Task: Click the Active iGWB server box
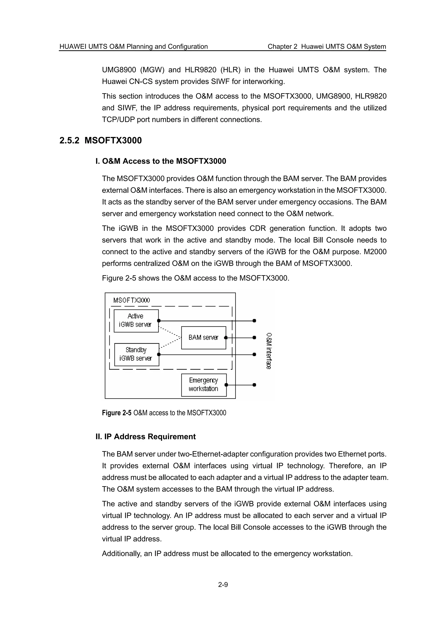(x=136, y=321)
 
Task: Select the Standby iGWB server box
(x=137, y=354)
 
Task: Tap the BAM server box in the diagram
(x=203, y=337)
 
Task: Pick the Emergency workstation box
(x=204, y=385)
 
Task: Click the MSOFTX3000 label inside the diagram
(x=132, y=300)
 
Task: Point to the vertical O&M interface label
(x=269, y=351)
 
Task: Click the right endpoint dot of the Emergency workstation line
(x=254, y=385)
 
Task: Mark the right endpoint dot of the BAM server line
(x=254, y=337)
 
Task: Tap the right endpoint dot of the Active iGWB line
(x=254, y=321)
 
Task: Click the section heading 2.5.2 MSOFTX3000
(x=101, y=140)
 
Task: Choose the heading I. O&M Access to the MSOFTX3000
(x=161, y=161)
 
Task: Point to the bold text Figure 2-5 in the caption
(x=117, y=413)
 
